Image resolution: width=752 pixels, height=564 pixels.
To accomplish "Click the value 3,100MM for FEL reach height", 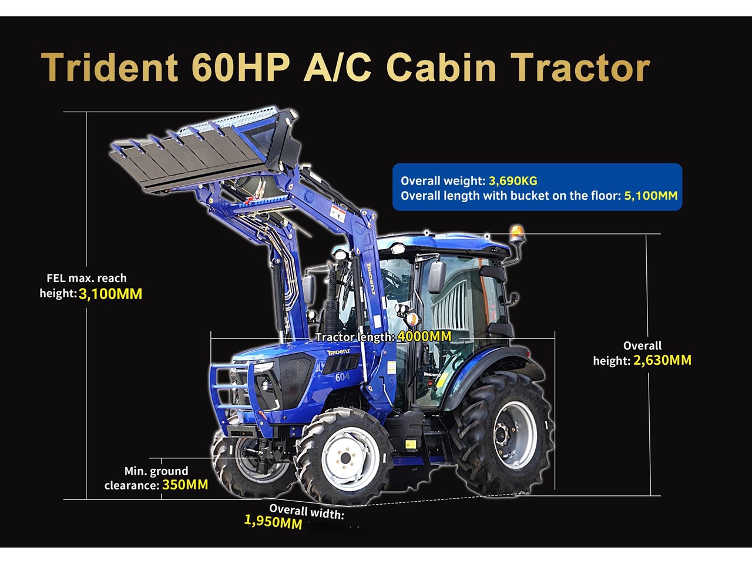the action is (110, 294).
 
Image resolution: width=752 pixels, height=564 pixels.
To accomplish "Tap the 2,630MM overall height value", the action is (662, 360).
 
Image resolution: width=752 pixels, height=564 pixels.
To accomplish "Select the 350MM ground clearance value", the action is (185, 485).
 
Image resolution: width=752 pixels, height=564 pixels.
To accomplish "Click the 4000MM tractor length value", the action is (424, 336).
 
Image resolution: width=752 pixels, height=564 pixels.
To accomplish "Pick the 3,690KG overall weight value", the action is (513, 180).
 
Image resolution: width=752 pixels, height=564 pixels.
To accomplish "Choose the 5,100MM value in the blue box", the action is (651, 196).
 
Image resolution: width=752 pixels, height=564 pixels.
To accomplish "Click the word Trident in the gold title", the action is (109, 67).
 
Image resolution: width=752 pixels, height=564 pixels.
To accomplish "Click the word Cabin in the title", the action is (441, 67).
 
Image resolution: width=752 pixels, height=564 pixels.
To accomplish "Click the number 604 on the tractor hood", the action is (343, 377).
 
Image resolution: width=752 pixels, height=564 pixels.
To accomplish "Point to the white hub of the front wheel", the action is (345, 458).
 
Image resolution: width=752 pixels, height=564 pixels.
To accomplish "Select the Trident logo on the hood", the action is (338, 352).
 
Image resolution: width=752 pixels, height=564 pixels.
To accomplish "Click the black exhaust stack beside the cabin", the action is (331, 305).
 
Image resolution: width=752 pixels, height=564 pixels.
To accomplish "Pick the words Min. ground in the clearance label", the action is (156, 471).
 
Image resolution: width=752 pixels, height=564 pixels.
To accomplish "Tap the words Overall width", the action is (306, 512).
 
